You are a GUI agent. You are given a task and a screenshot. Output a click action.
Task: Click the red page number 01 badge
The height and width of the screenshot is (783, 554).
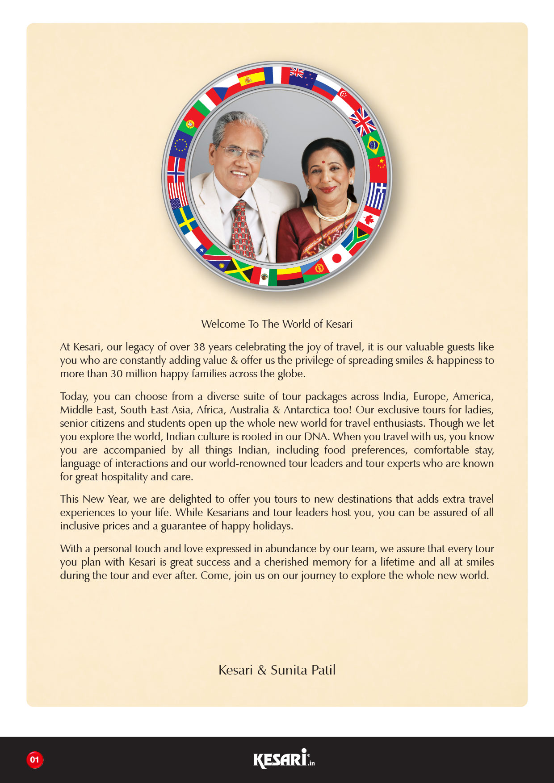point(35,759)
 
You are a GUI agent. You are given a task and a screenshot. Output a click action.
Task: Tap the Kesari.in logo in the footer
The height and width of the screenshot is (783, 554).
point(284,758)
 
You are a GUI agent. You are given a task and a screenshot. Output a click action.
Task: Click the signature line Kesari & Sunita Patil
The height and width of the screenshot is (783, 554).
point(277,670)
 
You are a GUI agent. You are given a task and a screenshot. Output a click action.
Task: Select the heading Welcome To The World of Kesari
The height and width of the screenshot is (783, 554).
point(277,324)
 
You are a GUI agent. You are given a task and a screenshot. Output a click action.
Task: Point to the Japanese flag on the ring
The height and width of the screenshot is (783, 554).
point(336,258)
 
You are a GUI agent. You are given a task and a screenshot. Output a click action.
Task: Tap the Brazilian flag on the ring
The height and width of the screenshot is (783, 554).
point(373,145)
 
